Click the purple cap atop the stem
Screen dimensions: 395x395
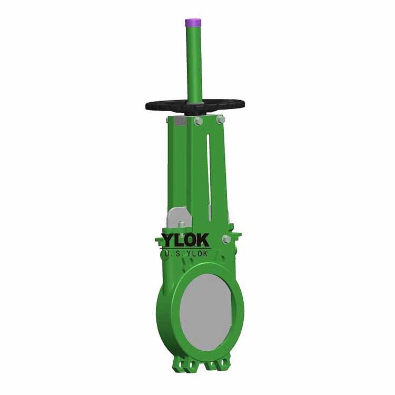pyautogui.click(x=193, y=23)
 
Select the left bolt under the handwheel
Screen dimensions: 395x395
pyautogui.click(x=199, y=121)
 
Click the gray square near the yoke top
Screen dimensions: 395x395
pyautogui.click(x=180, y=122)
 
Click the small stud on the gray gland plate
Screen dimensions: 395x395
pyautogui.click(x=181, y=225)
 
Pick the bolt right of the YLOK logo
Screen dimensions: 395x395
pyautogui.click(x=226, y=239)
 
